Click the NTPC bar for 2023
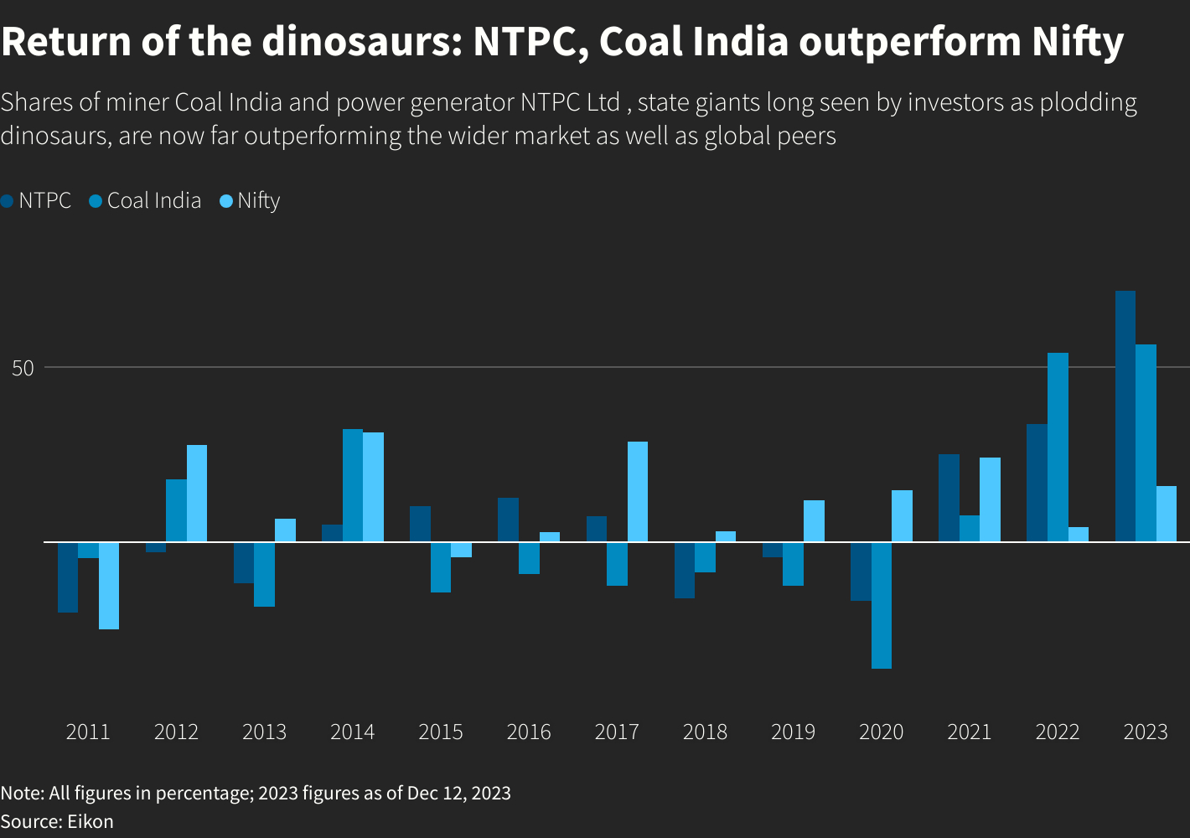1125,416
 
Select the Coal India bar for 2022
1058,447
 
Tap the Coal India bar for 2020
882,605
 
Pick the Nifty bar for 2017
638,492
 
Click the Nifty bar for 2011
109,586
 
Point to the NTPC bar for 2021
949,498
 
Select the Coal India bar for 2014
353,485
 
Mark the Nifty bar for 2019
814,521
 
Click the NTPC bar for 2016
508,520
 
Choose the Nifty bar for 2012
197,494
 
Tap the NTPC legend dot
8,201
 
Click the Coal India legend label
154,201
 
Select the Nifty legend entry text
259,201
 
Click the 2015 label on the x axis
441,732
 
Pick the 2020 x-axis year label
882,732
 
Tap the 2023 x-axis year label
1146,732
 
